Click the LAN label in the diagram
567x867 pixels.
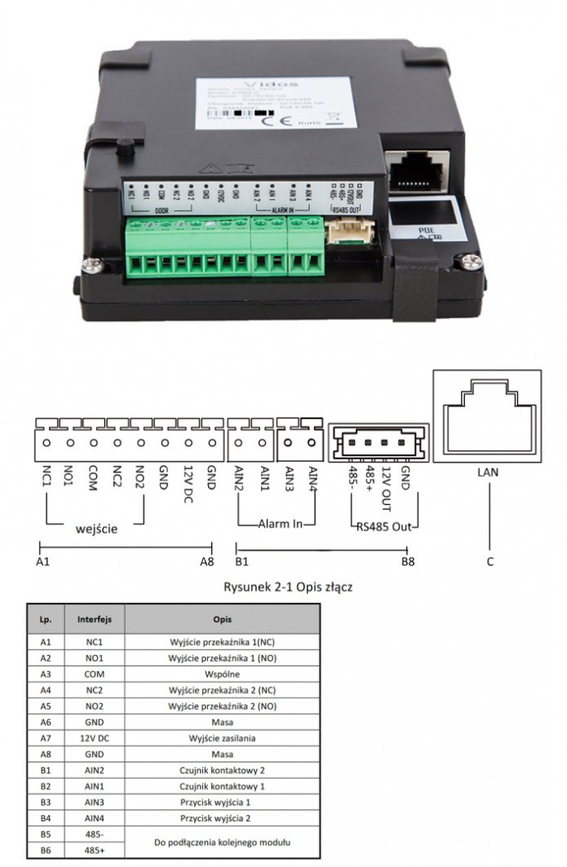pos(489,472)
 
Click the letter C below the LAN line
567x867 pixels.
pos(489,561)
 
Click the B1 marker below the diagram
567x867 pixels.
pos(241,561)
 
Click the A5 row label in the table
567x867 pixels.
pos(46,707)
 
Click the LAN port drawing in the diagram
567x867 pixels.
pos(489,416)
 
